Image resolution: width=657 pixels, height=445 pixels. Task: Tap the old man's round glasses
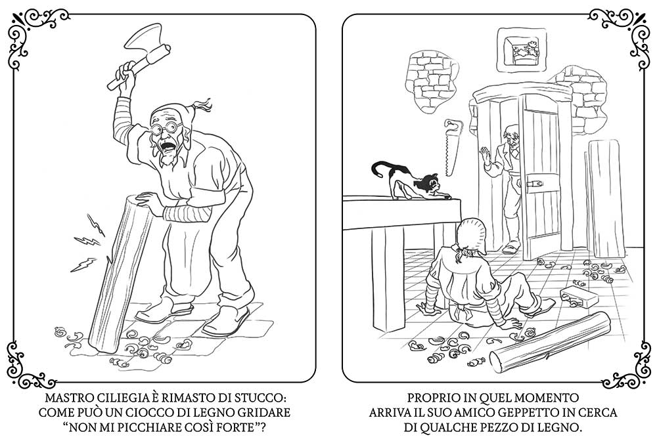167,127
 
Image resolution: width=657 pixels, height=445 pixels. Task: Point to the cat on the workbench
405,180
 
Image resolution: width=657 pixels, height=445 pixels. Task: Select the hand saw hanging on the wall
452,148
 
